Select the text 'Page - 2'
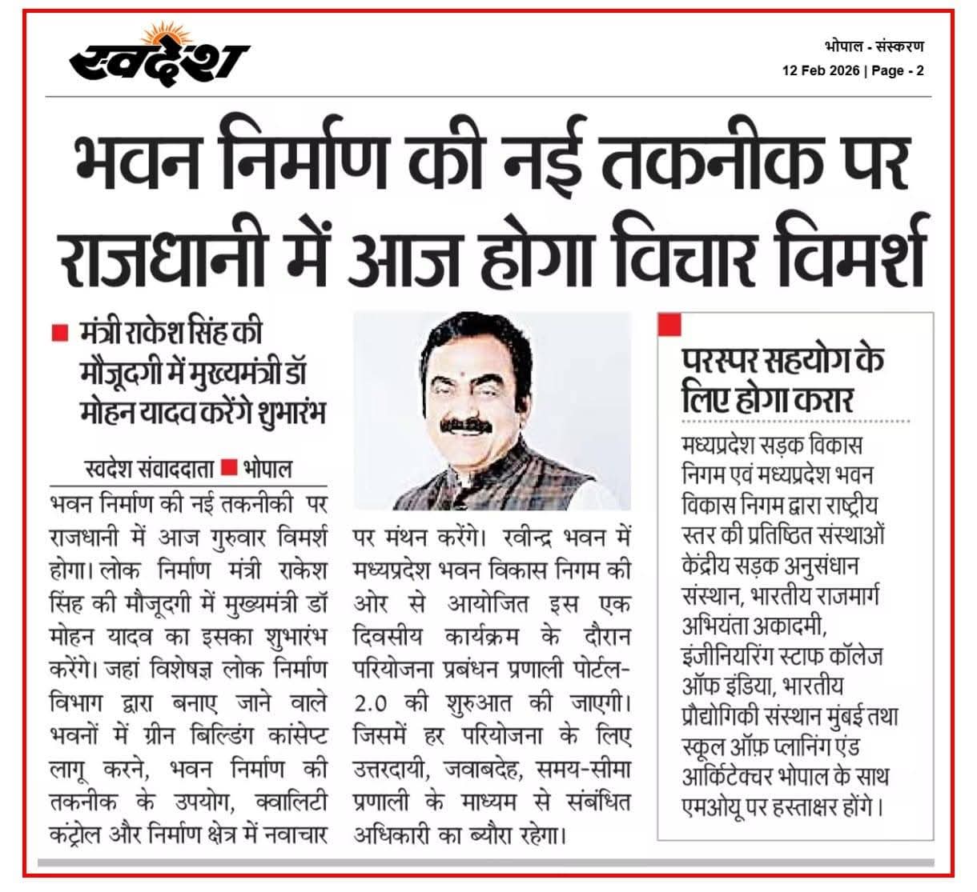coord(898,70)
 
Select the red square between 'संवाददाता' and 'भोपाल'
coord(227,466)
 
